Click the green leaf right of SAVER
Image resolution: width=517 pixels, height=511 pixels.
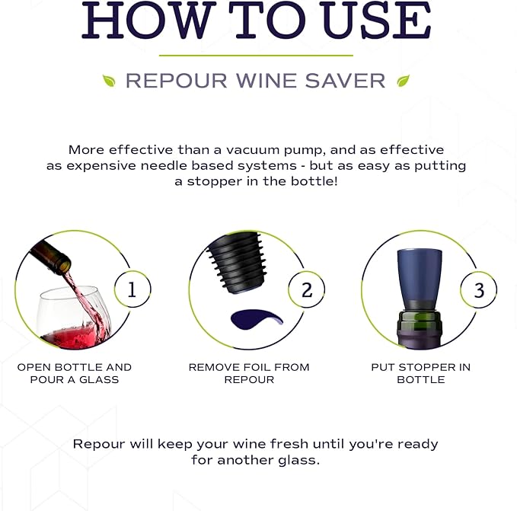403,80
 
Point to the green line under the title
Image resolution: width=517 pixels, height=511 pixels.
256,56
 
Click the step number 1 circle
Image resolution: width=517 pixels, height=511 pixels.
132,290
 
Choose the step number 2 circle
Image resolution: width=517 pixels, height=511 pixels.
306,290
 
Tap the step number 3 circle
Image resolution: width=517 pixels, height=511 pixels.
478,290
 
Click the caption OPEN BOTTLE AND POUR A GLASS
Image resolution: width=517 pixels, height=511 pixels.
75,373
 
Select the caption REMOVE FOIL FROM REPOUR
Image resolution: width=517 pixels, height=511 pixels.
249,373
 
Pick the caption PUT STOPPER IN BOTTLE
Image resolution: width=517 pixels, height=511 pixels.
420,373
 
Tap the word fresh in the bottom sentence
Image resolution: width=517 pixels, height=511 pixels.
280,444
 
